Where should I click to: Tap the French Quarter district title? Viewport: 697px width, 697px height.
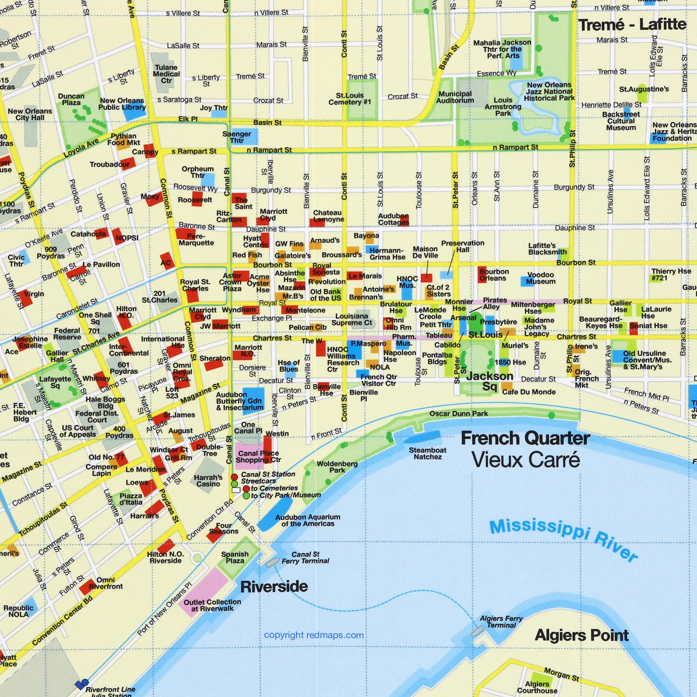pos(525,438)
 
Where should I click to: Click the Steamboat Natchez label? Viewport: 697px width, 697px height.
pos(427,453)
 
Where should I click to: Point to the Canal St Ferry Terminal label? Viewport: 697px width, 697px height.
pos(305,557)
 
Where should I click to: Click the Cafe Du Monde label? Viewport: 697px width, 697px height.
pos(529,392)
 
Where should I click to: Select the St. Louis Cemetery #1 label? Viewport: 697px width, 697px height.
pos(349,98)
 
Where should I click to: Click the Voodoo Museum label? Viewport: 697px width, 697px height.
pos(540,278)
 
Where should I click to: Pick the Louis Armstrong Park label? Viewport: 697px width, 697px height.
pos(503,107)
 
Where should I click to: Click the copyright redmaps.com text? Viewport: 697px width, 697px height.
pos(313,635)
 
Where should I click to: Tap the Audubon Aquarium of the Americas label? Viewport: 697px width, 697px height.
pos(307,520)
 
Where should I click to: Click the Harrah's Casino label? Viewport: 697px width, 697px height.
pos(208,481)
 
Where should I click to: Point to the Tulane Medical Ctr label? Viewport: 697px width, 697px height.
pos(166,74)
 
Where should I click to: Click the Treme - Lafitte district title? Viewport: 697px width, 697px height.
pos(632,25)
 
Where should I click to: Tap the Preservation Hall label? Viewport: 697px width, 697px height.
pos(463,246)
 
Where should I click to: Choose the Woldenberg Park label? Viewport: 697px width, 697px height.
pos(337,467)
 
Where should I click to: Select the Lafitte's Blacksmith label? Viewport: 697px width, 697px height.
pos(547,248)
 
